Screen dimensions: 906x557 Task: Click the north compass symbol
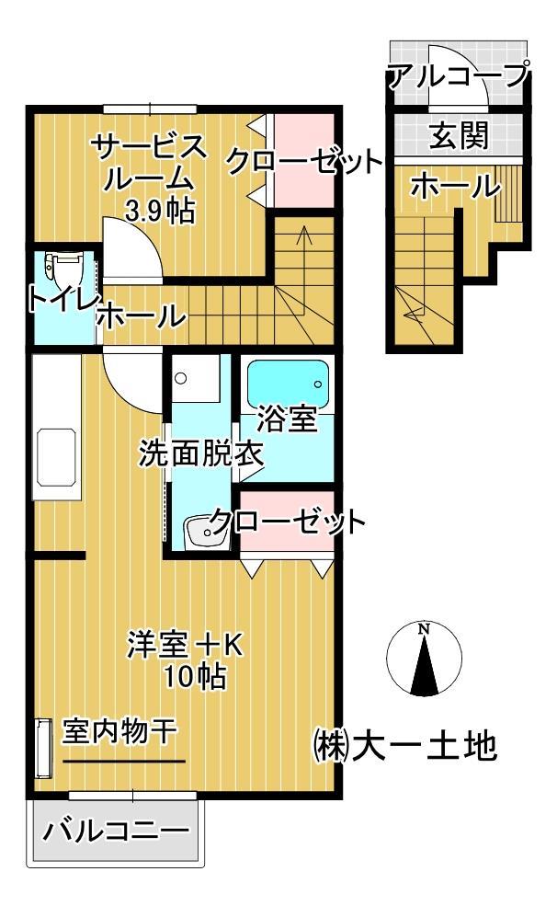(x=424, y=659)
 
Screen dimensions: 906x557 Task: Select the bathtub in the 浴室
(x=289, y=380)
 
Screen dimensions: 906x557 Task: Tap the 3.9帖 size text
(x=159, y=212)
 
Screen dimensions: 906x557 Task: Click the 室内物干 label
(x=119, y=732)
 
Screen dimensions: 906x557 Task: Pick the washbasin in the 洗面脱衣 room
(x=203, y=531)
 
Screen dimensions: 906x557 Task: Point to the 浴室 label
(x=288, y=419)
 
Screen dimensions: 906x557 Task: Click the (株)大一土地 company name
(x=404, y=744)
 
